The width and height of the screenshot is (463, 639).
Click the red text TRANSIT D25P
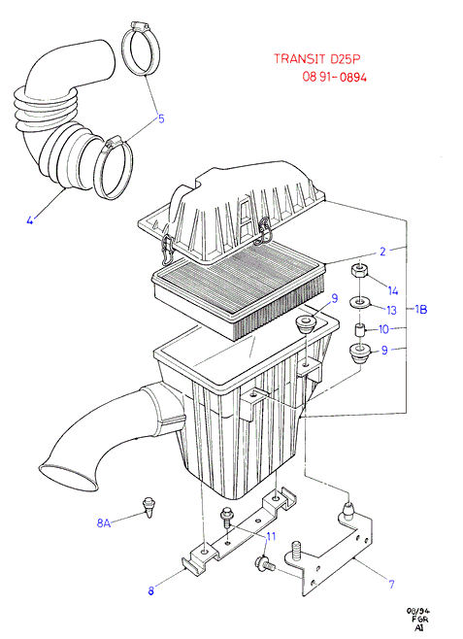[x=317, y=59]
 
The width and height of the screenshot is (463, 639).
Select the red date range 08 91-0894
[x=334, y=77]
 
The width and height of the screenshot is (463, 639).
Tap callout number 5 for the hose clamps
[x=161, y=118]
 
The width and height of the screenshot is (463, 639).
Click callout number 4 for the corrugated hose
[x=30, y=220]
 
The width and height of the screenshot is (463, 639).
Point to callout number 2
[x=382, y=252]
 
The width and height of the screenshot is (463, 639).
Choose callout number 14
[x=392, y=290]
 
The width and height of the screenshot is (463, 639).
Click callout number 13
[x=391, y=310]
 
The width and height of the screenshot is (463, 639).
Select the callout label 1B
[x=421, y=310]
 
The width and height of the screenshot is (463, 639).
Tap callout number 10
[x=383, y=329]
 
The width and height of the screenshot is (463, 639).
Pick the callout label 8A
[x=104, y=522]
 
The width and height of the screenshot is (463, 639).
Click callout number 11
[x=271, y=536]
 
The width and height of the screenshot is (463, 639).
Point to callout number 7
[x=391, y=584]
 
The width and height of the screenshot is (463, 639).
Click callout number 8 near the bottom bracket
[x=151, y=590]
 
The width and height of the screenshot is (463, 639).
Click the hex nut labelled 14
[x=358, y=271]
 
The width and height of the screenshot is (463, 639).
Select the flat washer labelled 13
[x=359, y=303]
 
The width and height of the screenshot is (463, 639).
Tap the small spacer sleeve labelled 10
[x=359, y=329]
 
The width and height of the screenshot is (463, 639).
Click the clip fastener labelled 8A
[x=149, y=507]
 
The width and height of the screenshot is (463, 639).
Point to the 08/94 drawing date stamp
[x=418, y=611]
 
